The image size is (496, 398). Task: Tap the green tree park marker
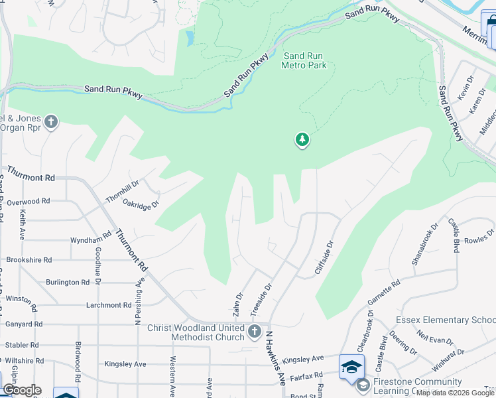click(x=302, y=139)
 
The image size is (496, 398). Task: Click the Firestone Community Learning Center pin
click(x=362, y=384)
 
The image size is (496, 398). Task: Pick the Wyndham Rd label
click(x=90, y=239)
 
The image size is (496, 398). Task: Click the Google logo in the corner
click(x=22, y=391)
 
